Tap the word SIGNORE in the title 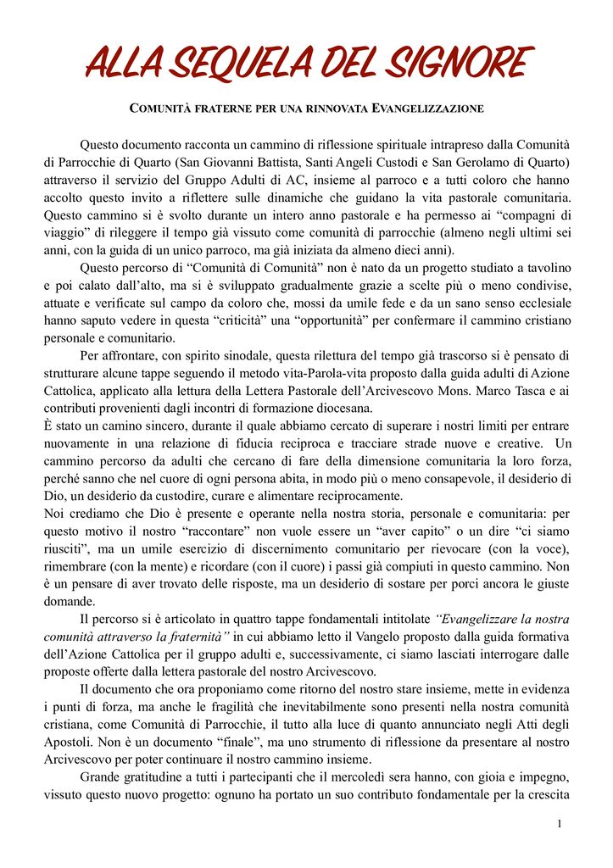(x=460, y=64)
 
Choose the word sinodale (x=237, y=355)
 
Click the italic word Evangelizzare (x=475, y=618)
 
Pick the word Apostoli (x=68, y=742)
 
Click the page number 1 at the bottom (x=560, y=825)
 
